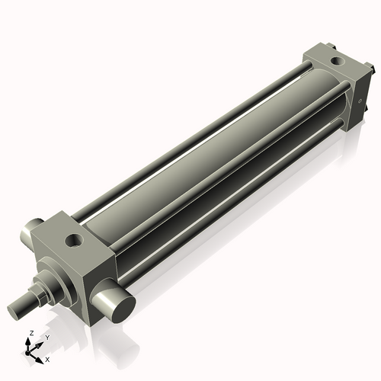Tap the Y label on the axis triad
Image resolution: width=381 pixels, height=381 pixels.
(46, 338)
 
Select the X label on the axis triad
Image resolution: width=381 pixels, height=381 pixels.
(47, 358)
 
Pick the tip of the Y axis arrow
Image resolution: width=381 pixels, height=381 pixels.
(40, 342)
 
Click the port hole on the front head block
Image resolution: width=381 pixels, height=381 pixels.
(74, 241)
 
